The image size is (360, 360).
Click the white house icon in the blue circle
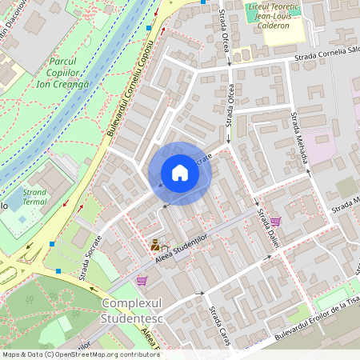tap(179, 173)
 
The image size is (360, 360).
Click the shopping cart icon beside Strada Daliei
tap(275, 221)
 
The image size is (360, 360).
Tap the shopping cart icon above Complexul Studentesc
tap(142, 280)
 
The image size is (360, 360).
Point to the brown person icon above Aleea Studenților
tap(155, 245)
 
